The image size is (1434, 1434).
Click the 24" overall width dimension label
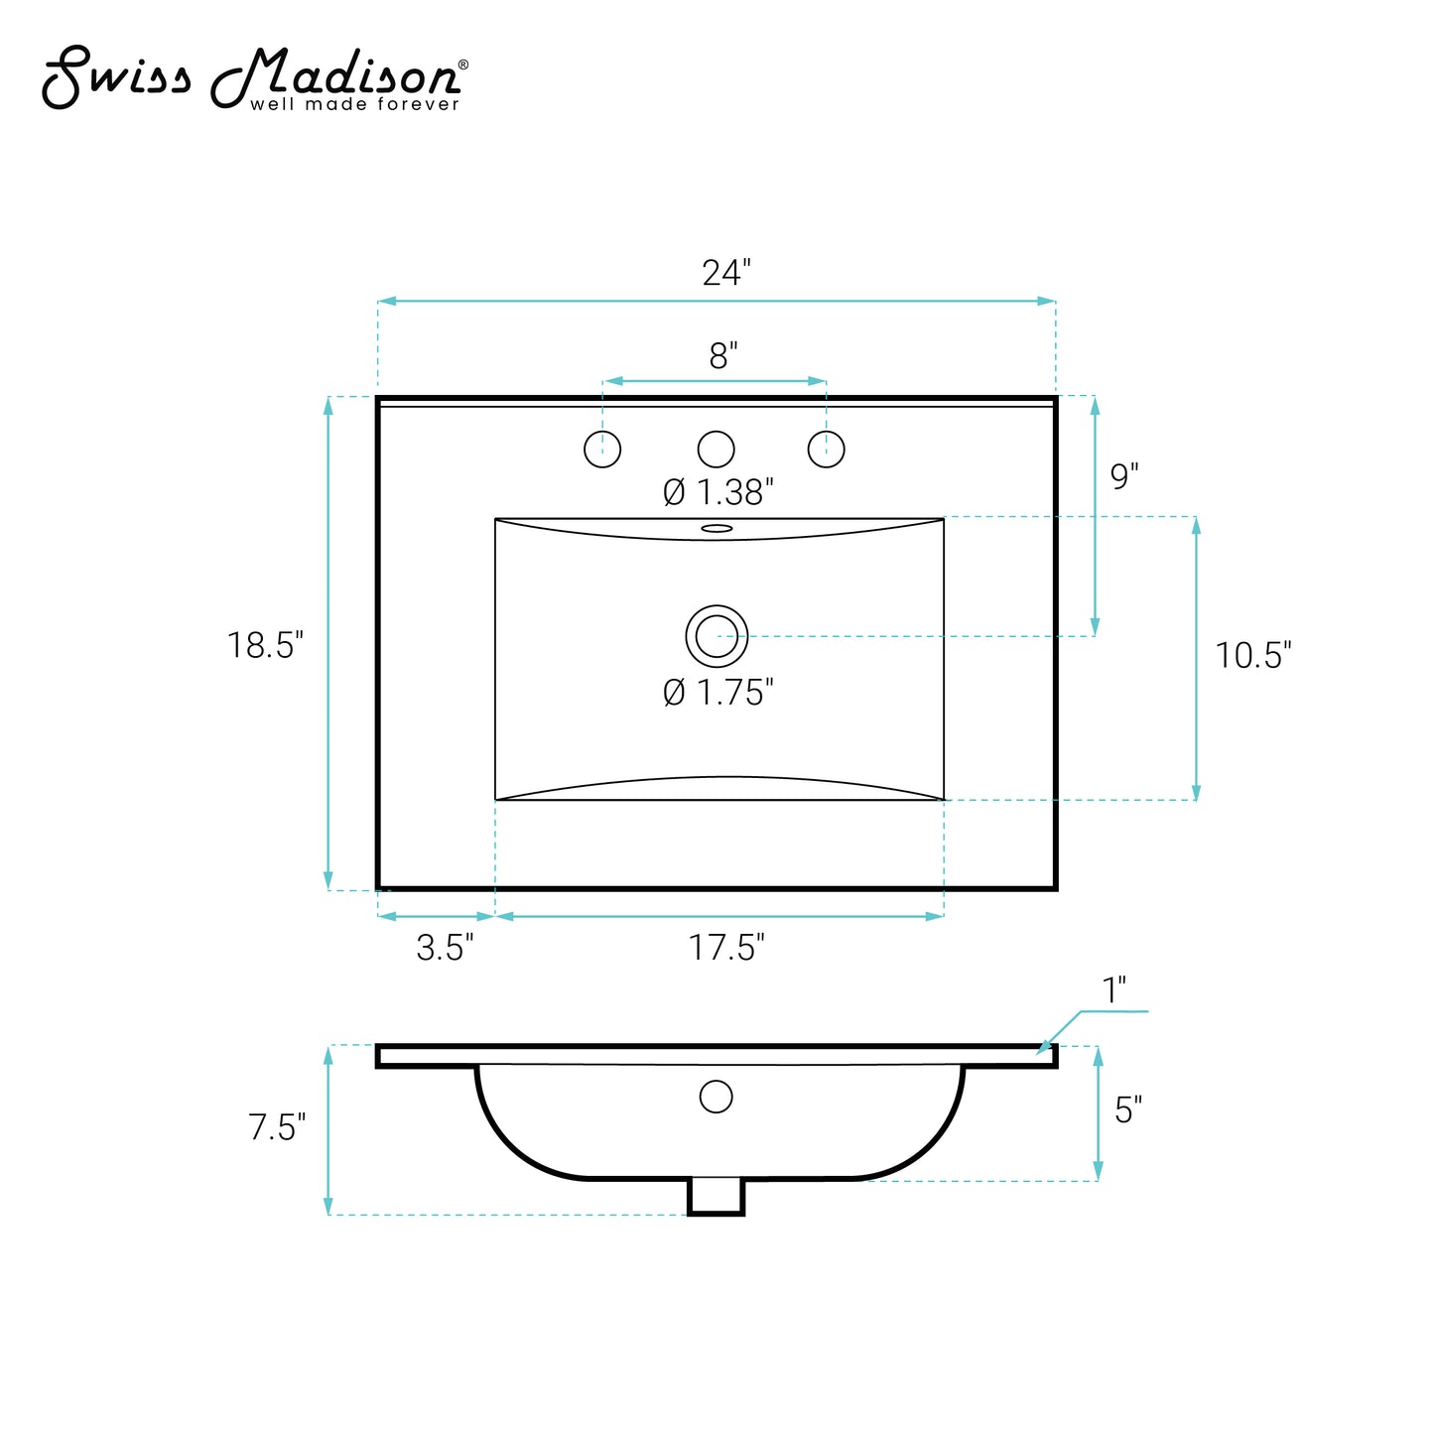(726, 273)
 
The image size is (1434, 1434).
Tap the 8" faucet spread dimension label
(723, 355)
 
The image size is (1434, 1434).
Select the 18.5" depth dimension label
(265, 645)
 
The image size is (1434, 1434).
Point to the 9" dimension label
(1124, 476)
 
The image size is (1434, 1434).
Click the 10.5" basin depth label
(1253, 656)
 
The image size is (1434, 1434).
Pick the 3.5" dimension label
(445, 948)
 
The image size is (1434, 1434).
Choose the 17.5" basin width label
(726, 948)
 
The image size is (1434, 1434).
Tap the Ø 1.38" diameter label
(718, 492)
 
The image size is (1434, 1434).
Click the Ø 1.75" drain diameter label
(718, 693)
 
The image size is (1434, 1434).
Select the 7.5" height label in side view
(277, 1127)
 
